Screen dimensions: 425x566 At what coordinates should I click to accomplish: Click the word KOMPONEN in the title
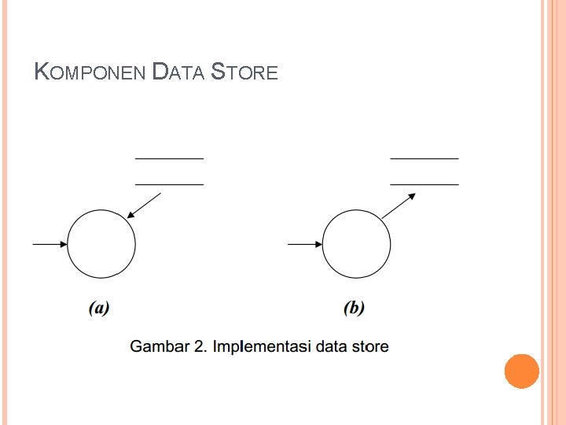[x=90, y=73]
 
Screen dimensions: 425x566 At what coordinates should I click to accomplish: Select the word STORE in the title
[x=245, y=73]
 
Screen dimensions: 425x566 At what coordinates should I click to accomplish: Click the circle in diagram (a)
[x=101, y=244]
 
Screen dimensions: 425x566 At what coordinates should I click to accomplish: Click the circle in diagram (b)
[x=357, y=244]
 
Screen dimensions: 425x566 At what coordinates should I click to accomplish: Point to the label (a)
[x=99, y=308]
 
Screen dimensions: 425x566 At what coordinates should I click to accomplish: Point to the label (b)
[x=355, y=308]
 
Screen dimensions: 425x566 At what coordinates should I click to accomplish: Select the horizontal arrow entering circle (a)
[x=50, y=244]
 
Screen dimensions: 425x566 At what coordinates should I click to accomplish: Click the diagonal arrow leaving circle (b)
[x=399, y=206]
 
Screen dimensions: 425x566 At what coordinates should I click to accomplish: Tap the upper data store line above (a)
[x=169, y=158]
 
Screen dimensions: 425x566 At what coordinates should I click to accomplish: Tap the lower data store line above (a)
[x=169, y=184]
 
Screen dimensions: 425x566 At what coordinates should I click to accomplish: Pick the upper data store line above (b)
[x=424, y=158]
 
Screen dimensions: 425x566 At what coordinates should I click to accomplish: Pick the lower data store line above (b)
[x=424, y=184]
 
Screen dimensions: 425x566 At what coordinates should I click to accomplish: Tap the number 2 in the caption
[x=199, y=346]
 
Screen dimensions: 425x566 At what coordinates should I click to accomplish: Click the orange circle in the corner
[x=521, y=371]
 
